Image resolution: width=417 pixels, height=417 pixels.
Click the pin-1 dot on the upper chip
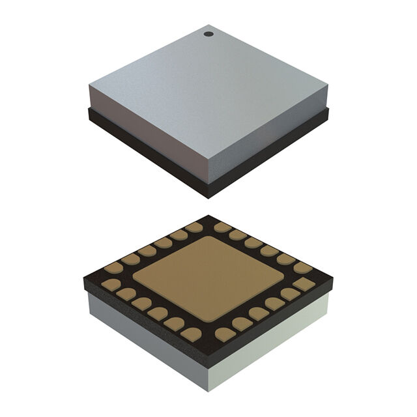coord(208,33)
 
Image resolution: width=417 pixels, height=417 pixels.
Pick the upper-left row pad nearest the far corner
coord(194,227)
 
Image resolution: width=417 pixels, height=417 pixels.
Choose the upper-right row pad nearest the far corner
coord(223,227)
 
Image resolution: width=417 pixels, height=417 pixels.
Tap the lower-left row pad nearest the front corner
coord(191,334)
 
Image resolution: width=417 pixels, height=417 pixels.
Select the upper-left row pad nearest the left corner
coord(114,267)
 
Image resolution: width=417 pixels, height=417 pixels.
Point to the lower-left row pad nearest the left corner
coord(111,283)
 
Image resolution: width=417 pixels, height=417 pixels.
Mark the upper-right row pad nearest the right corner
coord(302,267)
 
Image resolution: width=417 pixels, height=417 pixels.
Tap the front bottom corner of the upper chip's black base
coord(208,197)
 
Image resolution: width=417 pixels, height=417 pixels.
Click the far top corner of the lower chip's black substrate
coord(208,216)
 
